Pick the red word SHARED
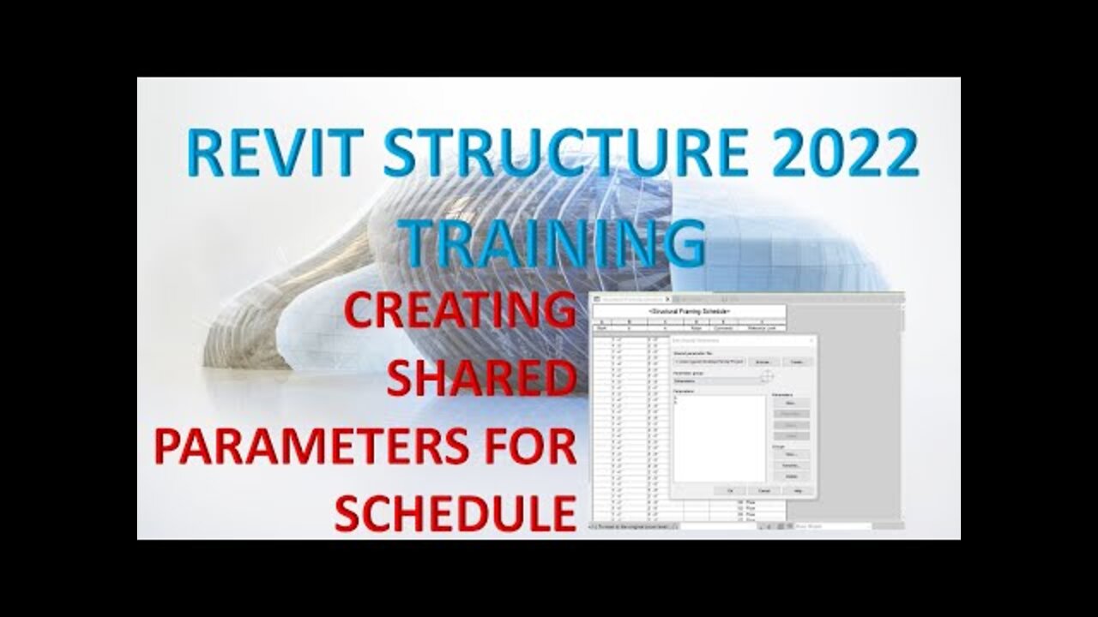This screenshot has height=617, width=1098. point(480,378)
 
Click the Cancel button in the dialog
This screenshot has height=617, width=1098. point(763,491)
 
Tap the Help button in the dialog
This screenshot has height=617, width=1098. point(798,491)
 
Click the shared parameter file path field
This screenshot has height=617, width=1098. point(709,362)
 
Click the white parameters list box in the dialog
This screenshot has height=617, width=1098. point(719,438)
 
